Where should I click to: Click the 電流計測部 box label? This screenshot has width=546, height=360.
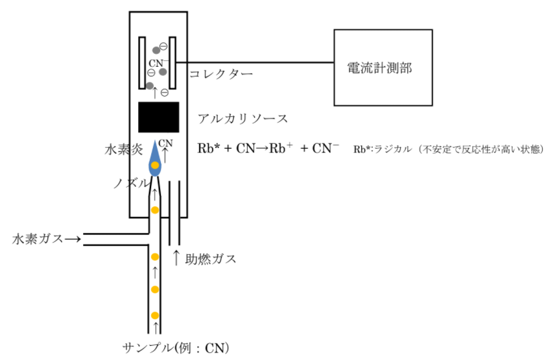click(379, 68)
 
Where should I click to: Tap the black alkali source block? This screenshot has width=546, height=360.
click(159, 117)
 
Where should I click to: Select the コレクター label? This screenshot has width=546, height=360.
click(221, 74)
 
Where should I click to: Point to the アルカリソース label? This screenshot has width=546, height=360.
click(243, 119)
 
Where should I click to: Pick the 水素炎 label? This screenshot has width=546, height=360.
click(124, 150)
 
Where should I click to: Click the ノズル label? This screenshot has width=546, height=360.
click(131, 183)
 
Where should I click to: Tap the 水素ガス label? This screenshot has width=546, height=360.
click(38, 239)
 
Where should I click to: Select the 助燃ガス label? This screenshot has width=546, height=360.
click(211, 259)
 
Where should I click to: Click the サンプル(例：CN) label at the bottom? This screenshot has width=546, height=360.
click(176, 348)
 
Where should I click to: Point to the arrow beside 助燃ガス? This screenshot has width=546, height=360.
click(176, 258)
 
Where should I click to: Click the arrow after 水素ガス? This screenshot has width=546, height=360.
click(73, 239)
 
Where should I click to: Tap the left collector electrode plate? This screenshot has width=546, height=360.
click(142, 63)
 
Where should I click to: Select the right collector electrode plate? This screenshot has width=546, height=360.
click(172, 63)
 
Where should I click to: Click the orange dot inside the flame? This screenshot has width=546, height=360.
click(155, 165)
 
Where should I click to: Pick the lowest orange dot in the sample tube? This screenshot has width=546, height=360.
click(155, 315)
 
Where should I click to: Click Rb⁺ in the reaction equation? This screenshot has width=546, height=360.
click(281, 148)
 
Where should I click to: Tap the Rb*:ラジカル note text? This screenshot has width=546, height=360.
click(449, 149)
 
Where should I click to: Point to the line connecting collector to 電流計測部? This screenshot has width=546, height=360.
click(255, 63)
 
